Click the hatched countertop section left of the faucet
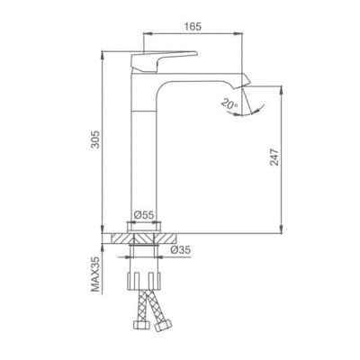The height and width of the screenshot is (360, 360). pos(116,238)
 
